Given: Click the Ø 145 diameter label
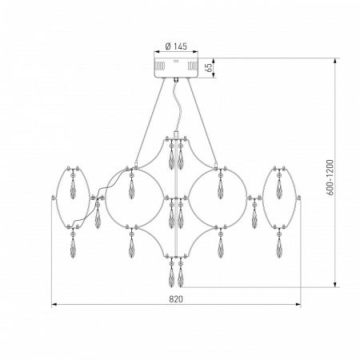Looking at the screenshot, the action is point(176,46).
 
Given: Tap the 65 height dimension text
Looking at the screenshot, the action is point(210,68).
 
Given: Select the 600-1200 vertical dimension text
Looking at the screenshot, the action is point(330,178).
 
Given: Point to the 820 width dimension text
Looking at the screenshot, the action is point(176,299).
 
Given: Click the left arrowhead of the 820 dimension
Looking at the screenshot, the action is point(54,304).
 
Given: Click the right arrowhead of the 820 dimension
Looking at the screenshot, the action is point(298,304).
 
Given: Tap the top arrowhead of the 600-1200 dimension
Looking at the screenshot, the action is point(336,61).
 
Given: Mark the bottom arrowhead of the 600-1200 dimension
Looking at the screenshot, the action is point(336,285).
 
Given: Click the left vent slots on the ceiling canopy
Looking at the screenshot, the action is point(159,66).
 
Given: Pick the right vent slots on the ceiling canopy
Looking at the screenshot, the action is point(192,66).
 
